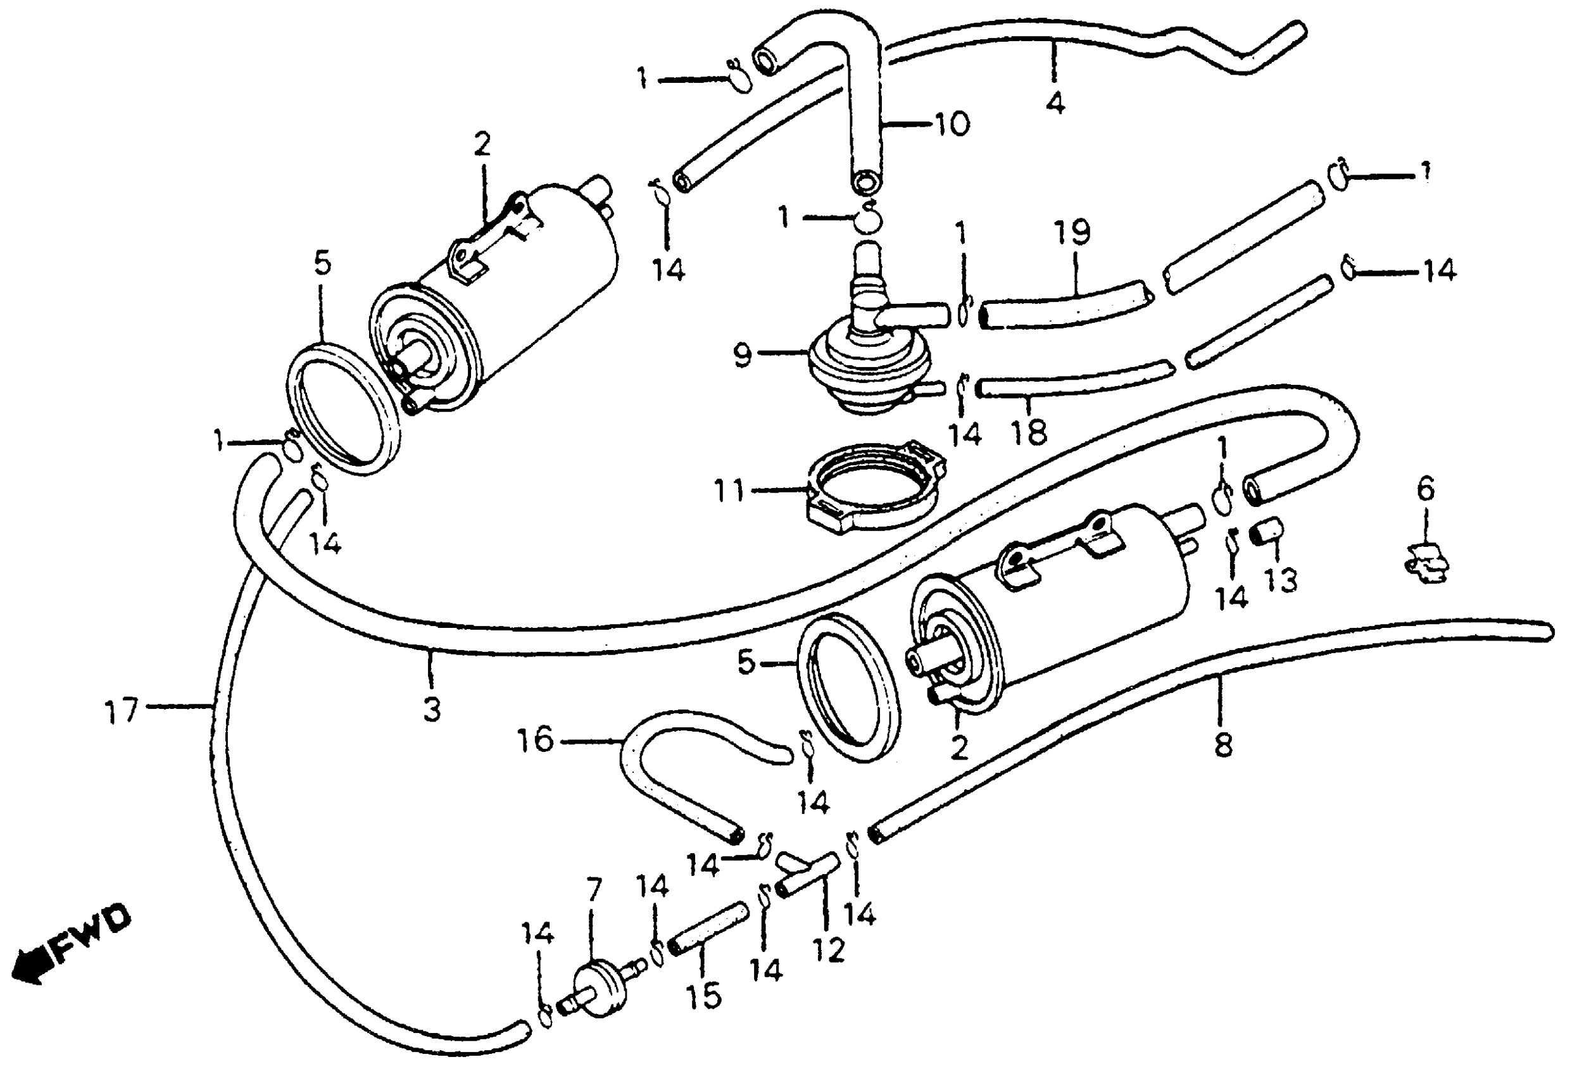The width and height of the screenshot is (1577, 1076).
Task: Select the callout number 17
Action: point(122,712)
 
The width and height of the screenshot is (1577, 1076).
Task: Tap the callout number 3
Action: point(432,710)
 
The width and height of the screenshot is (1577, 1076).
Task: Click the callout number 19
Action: point(1072,232)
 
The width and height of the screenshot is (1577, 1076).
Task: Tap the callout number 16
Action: point(536,741)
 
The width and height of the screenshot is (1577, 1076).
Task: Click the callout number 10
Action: point(952,124)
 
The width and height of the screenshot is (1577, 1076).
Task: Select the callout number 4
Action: point(1055,103)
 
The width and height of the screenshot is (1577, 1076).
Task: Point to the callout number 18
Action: point(1029,431)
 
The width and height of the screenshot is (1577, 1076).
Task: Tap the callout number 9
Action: point(743,355)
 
